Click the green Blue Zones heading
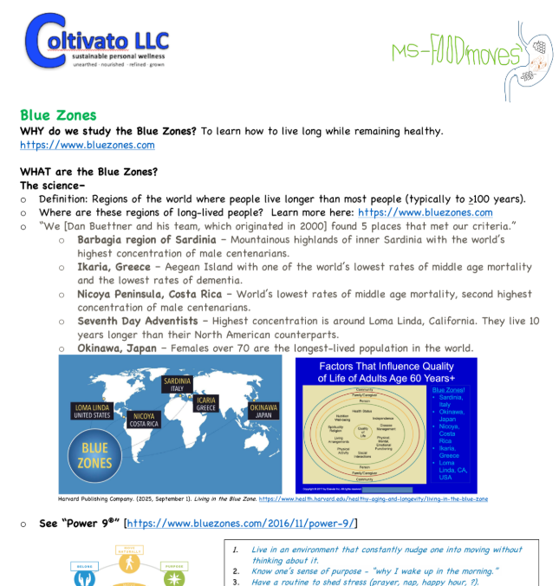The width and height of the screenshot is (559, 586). coord(58,115)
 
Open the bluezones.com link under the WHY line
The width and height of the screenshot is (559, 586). coord(87,145)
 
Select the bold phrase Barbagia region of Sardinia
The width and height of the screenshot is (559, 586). coord(146,239)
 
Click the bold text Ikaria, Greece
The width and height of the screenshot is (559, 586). coord(114,267)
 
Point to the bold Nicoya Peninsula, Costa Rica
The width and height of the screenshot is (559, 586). coord(149,295)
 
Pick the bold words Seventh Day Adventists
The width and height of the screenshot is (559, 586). coord(137,322)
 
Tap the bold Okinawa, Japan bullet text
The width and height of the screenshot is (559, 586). coord(117,348)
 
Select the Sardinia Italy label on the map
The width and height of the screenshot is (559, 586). coord(177,384)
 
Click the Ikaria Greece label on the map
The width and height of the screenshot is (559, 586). coord(205,405)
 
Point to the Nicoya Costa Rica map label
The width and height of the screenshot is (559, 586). coord(145,420)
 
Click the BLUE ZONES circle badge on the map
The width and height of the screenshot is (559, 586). coord(94,455)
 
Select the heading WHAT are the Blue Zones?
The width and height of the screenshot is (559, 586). coord(88,171)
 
